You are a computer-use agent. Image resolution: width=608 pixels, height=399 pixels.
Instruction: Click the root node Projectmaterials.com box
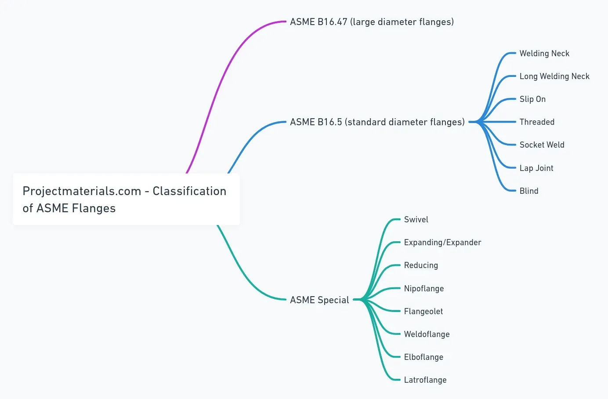pos(126,199)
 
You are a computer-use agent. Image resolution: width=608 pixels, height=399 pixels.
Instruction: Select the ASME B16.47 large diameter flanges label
pos(372,22)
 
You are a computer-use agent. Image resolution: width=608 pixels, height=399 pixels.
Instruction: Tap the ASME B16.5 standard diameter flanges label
pos(377,122)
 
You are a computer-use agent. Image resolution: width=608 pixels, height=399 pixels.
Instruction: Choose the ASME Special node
pos(319,300)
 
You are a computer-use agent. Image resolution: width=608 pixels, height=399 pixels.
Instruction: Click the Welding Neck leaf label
pos(544,54)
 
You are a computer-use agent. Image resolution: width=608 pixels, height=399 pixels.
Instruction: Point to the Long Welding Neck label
pos(554,76)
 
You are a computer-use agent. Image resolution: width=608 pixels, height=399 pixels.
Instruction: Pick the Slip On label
pos(532,99)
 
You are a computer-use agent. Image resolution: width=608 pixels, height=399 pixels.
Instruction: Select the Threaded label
pos(537,122)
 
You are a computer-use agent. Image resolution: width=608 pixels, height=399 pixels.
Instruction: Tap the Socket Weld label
pos(542,145)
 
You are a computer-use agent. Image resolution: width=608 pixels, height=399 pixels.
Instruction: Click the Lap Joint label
pos(536,168)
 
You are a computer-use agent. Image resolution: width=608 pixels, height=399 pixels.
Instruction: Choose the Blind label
pos(529,191)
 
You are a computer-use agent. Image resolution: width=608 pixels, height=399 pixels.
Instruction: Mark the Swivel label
pos(416,220)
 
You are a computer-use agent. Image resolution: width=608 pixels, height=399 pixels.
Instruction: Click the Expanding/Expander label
pos(442,243)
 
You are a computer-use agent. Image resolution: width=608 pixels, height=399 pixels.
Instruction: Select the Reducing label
pos(421,265)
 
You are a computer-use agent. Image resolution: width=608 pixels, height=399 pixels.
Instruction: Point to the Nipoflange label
pos(424,289)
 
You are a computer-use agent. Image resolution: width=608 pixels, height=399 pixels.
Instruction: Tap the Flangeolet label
pos(423,312)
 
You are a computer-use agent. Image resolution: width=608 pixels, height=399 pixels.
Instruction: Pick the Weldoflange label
pos(427,334)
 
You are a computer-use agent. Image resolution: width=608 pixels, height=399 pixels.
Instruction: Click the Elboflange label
pos(423,357)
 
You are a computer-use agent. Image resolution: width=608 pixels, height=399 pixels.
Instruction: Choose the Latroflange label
pos(425,380)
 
